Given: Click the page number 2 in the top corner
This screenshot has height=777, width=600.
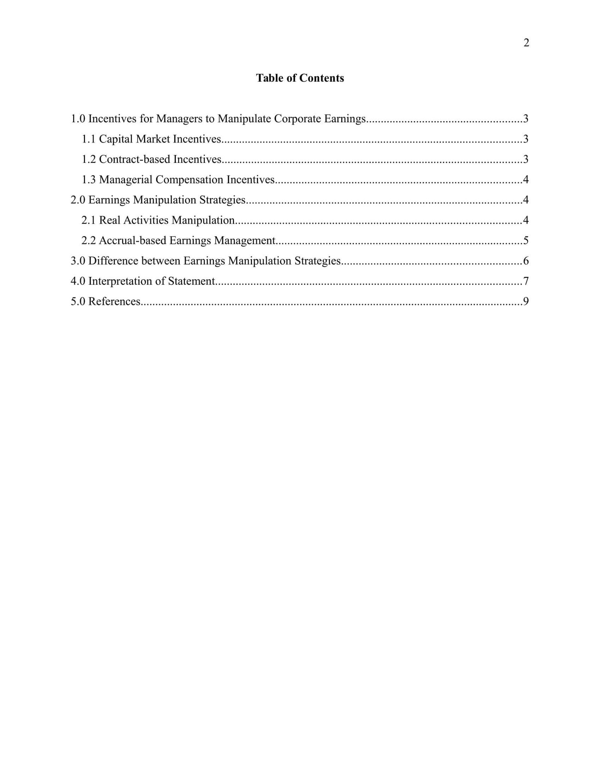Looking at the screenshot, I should pos(526,43).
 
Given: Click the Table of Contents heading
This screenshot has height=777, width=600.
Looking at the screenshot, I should pos(300,78).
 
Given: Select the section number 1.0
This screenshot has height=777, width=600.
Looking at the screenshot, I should pos(78,119).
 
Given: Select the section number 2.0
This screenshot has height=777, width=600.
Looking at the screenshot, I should pos(78,200).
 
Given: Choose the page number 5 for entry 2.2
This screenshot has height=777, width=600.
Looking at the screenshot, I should pos(526,240).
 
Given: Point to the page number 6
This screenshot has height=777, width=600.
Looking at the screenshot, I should pos(526,260).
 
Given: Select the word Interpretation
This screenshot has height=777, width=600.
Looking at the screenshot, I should pos(126,281).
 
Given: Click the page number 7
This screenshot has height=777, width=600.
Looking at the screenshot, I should pos(526,281).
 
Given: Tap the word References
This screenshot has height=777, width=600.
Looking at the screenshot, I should pos(114,301).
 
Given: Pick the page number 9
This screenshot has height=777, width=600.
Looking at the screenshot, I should pos(526,301).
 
